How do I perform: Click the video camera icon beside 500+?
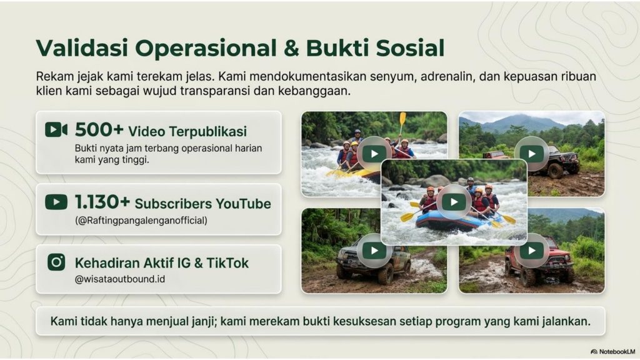pyautogui.click(x=56, y=130)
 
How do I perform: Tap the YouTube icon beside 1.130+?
pyautogui.click(x=56, y=202)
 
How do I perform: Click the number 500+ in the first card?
pyautogui.click(x=99, y=130)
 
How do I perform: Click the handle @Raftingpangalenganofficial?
pyautogui.click(x=141, y=220)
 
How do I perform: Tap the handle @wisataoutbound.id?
pyautogui.click(x=120, y=279)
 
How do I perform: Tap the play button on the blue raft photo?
pyautogui.click(x=454, y=201)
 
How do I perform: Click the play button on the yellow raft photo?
pyautogui.click(x=374, y=153)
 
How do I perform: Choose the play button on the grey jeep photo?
pyautogui.click(x=374, y=251)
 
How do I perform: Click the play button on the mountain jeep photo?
pyautogui.click(x=532, y=153)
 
